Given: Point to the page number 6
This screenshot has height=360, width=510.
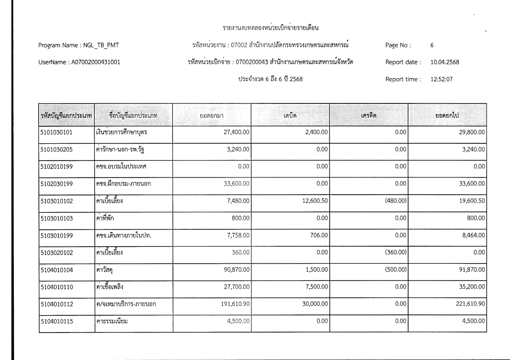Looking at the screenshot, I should (432, 46).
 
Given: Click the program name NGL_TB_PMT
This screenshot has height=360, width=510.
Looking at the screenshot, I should (101, 46).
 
